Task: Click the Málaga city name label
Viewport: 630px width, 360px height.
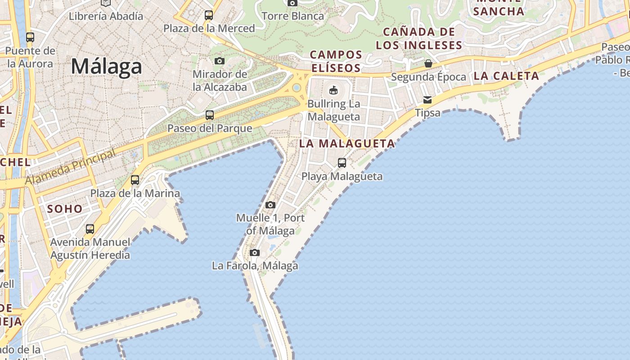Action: [x=106, y=67]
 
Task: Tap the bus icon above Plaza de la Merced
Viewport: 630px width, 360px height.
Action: [x=209, y=15]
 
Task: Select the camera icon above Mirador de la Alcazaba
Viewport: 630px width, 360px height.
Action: [x=220, y=61]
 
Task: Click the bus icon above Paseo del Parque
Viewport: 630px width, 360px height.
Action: [x=210, y=115]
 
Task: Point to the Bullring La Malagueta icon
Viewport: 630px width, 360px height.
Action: [x=333, y=90]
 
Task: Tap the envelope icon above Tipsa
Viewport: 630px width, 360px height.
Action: [x=427, y=99]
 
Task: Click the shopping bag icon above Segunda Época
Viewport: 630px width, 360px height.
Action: [x=428, y=63]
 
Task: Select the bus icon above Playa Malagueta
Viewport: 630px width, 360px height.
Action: [x=342, y=163]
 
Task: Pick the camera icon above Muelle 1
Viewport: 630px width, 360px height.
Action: [x=270, y=205]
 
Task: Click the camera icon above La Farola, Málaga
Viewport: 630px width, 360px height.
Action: [x=255, y=252]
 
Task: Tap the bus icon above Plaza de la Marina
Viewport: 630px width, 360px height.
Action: [x=135, y=180]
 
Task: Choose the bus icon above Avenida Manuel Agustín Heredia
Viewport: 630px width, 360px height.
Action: [x=90, y=229]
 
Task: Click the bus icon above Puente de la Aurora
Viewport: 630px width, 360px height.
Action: [x=30, y=37]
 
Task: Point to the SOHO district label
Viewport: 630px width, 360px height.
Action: [x=65, y=209]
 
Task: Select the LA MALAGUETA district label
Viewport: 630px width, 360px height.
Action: [x=347, y=144]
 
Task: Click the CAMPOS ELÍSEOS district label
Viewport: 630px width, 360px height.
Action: [x=336, y=61]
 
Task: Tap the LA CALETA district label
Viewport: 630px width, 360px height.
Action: [x=506, y=76]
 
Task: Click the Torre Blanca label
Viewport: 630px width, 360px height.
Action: [x=292, y=16]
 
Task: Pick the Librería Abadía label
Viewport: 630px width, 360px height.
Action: [x=106, y=16]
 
